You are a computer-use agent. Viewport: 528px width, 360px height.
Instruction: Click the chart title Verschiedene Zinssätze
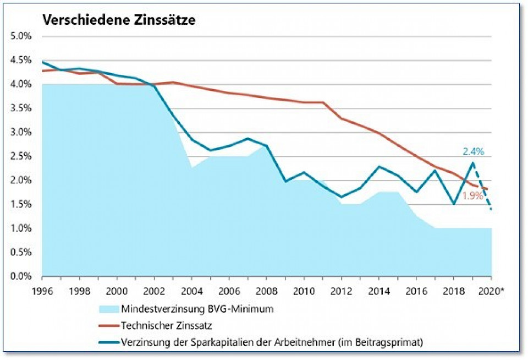119,20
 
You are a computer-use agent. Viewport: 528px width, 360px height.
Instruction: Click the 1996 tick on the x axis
42,290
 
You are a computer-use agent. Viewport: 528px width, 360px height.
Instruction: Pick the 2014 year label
378,290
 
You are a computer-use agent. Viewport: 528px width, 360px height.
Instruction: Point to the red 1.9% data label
472,195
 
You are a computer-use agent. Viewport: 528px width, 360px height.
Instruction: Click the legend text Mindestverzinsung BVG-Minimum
197,308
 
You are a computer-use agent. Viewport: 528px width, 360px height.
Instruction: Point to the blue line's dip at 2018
454,204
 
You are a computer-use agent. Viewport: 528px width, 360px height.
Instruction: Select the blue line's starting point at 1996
42,61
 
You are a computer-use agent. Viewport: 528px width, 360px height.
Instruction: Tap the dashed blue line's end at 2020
491,210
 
